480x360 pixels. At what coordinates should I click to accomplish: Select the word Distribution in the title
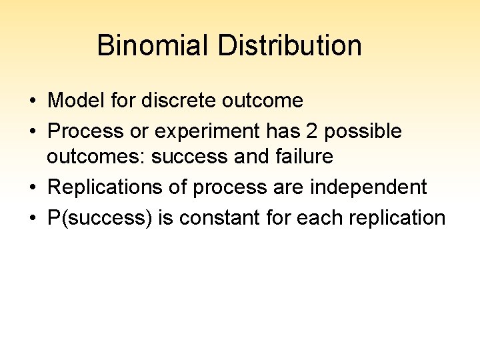click(x=290, y=46)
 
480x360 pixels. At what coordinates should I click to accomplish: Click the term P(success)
click(x=100, y=218)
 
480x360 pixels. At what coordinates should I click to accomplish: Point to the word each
click(x=317, y=218)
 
